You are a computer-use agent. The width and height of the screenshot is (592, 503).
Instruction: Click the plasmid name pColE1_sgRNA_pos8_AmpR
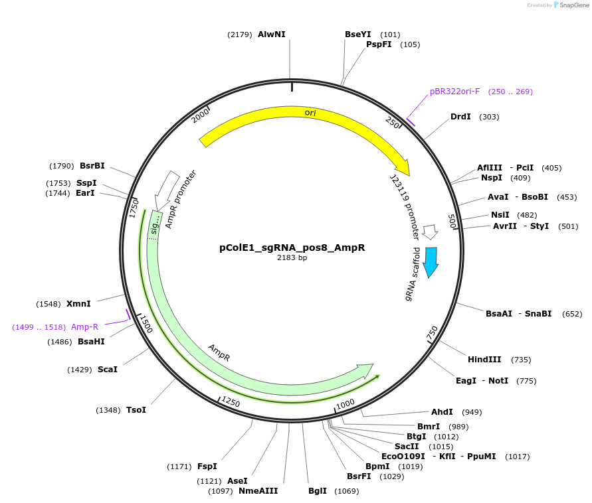(292, 248)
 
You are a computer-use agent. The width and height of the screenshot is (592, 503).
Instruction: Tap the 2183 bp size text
(292, 257)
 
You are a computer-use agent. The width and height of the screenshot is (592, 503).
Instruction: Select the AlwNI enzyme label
(271, 35)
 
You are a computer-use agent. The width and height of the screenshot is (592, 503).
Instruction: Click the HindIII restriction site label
(485, 360)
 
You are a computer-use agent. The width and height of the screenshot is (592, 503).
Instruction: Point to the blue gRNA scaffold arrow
(431, 261)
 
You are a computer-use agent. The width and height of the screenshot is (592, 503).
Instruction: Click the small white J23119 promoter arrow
(431, 232)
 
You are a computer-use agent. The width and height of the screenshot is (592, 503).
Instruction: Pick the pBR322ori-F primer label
(454, 92)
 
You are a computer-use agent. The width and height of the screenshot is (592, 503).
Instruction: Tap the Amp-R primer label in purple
(85, 327)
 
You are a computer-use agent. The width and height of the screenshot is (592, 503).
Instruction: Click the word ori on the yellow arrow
(310, 113)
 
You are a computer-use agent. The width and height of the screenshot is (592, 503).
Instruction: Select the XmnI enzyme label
(78, 304)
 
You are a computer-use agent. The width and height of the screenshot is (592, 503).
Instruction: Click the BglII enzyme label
(318, 491)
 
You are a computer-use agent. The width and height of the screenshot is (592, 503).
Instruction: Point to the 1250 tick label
(230, 402)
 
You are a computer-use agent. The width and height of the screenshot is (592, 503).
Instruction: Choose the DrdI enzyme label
(460, 117)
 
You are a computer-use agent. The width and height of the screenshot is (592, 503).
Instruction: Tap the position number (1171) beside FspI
(179, 467)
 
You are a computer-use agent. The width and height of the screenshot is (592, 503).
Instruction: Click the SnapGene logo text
(575, 5)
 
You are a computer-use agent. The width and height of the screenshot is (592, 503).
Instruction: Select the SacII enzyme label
(407, 447)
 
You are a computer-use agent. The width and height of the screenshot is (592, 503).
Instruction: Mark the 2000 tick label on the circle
(200, 116)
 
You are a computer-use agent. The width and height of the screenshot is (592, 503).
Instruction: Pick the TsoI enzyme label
(136, 410)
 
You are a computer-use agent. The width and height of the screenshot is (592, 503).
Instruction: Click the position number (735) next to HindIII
(521, 360)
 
